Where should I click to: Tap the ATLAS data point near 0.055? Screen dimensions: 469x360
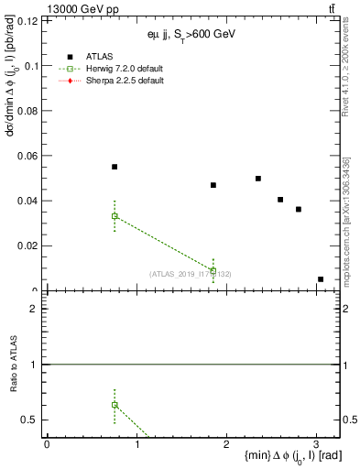point(115,167)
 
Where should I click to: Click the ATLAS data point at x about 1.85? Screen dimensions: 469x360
point(213,185)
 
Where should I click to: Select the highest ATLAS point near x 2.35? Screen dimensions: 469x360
point(258,179)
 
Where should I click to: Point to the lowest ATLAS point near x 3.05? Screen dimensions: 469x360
point(321,279)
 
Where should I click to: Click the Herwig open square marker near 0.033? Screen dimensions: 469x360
point(115,216)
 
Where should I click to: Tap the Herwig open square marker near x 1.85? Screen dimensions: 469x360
point(213,271)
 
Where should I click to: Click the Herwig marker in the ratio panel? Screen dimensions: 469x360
point(115,404)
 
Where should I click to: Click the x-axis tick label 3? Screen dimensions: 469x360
point(317,445)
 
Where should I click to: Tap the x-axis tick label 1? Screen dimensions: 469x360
point(136,445)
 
